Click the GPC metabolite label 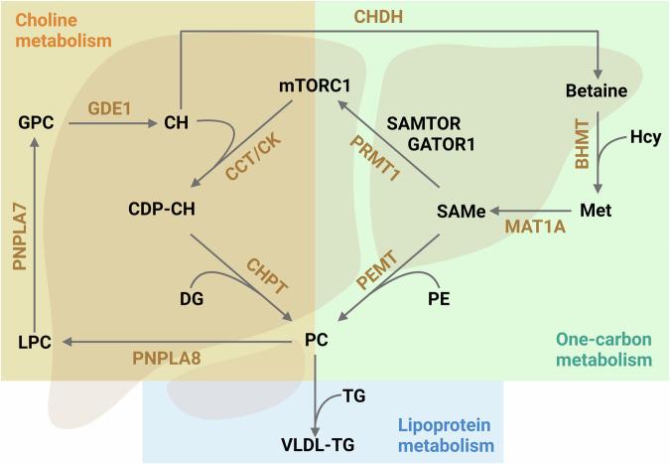(x=34, y=124)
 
